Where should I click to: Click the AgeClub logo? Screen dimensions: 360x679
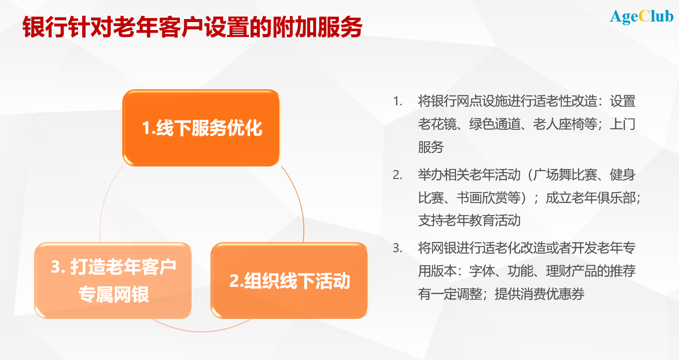[641, 17]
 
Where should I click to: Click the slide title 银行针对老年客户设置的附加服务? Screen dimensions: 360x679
[192, 28]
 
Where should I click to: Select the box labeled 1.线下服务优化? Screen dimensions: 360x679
[201, 128]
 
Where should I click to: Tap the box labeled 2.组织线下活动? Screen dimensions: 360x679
[290, 281]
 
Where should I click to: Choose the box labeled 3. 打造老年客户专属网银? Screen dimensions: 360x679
[113, 280]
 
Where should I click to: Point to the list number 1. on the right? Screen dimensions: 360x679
[398, 101]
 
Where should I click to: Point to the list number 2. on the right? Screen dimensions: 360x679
[398, 175]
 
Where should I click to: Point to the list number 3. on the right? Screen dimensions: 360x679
[398, 248]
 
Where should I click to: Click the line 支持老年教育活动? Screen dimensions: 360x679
[470, 220]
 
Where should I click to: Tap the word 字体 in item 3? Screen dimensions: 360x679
[482, 271]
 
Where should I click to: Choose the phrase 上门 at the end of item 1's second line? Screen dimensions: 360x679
[622, 124]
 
